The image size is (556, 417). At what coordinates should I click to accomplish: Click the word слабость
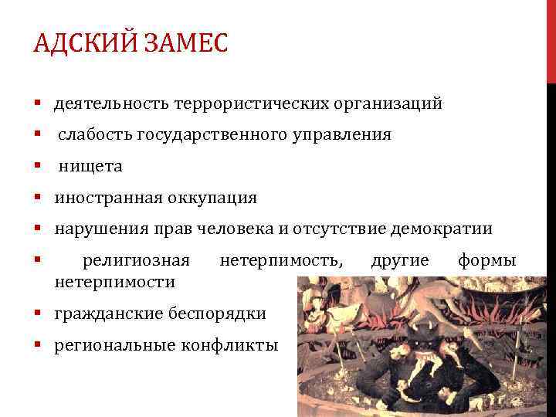96,135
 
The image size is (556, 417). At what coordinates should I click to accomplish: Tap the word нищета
91,166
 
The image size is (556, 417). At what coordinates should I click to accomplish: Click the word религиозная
136,261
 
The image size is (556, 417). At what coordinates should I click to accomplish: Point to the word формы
486,261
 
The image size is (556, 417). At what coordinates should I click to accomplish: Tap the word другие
400,261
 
